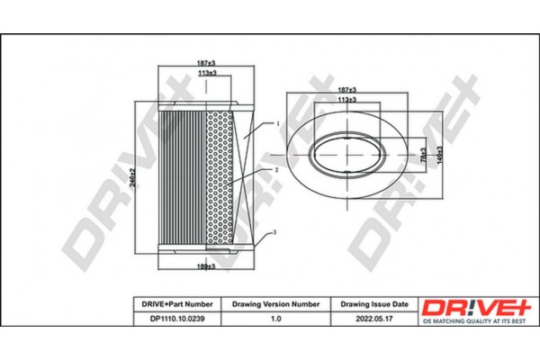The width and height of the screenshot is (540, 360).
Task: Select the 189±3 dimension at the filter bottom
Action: point(207,266)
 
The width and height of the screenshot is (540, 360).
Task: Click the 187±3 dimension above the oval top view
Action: point(346,90)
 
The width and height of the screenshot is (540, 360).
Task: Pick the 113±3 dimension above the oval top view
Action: point(346,101)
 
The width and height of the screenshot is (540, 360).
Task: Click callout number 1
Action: point(278,123)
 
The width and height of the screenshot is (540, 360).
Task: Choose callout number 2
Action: point(278,169)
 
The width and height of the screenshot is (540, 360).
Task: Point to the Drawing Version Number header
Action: point(276,304)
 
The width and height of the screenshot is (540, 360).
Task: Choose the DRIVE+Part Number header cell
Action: point(176,304)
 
